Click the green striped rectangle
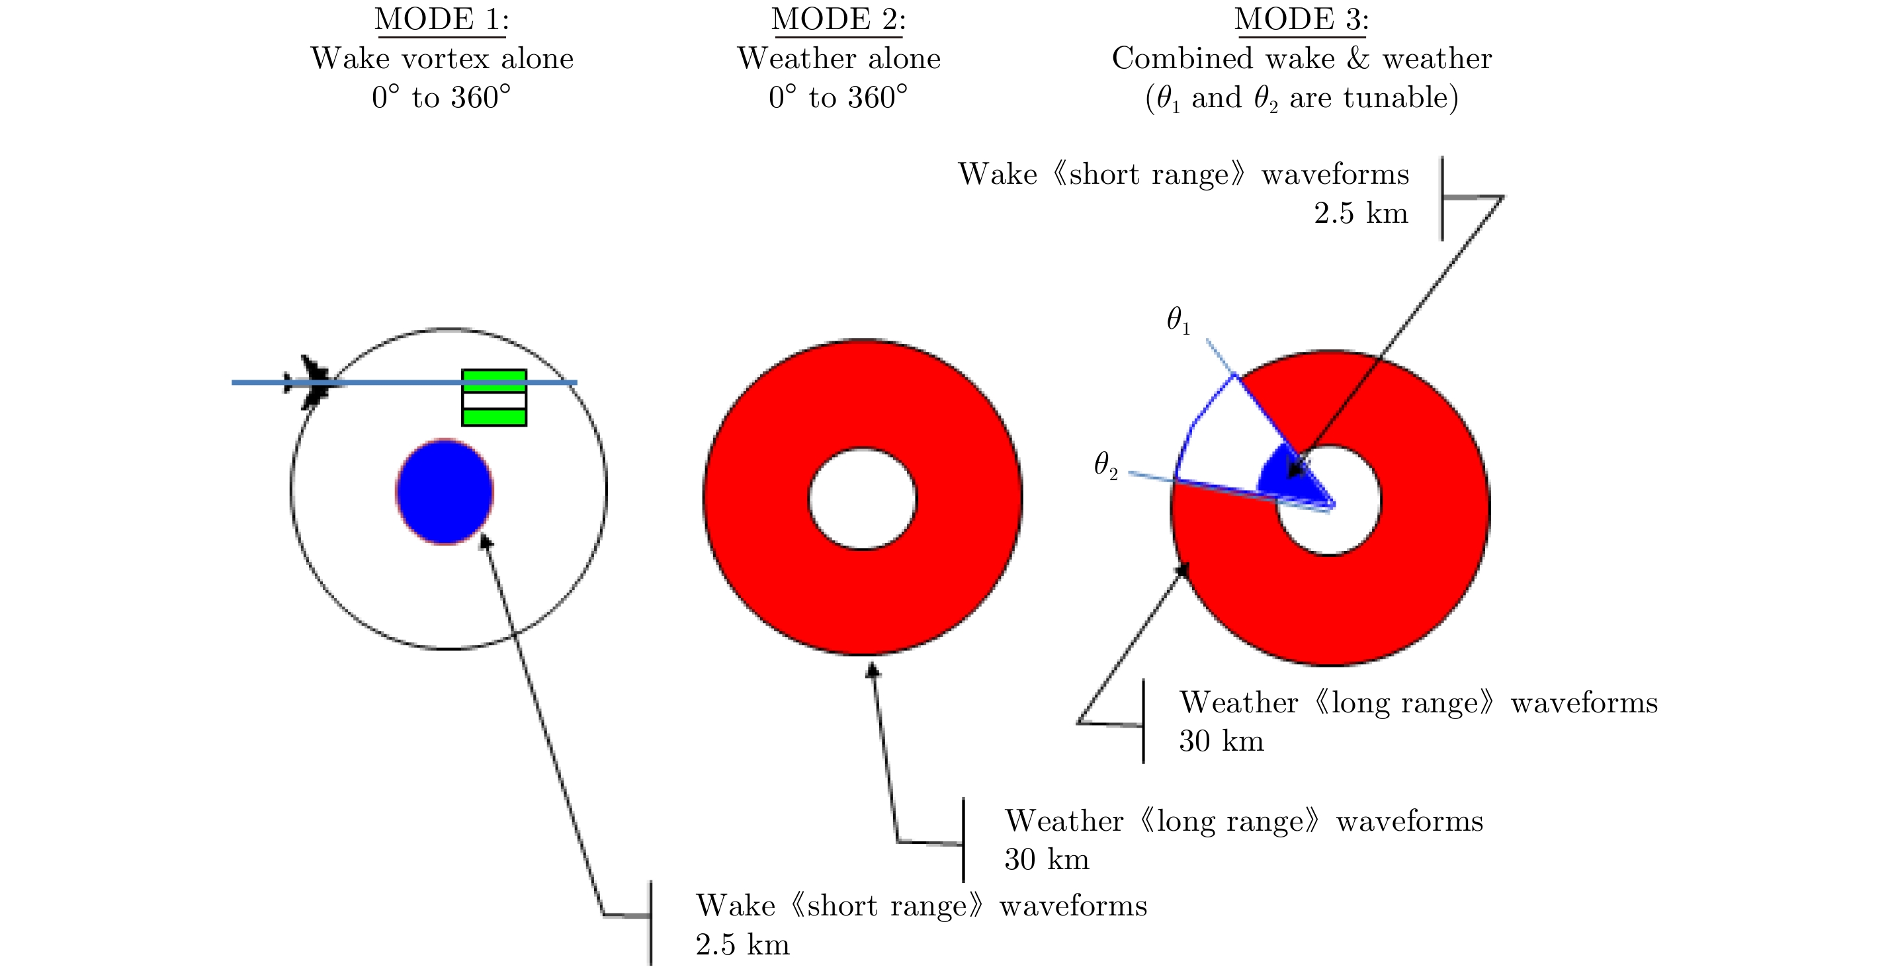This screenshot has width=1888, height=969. [493, 398]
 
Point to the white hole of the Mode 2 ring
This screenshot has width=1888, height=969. [862, 499]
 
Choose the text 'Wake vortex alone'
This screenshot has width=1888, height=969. [442, 59]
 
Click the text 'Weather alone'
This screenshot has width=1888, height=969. [838, 59]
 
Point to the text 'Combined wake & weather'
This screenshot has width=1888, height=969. [1301, 59]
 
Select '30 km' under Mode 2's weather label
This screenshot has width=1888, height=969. [1047, 859]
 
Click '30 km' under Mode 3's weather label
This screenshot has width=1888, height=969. [1221, 741]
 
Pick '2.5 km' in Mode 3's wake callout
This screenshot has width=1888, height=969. [1360, 213]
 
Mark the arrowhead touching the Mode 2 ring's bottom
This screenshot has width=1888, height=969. [872, 669]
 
